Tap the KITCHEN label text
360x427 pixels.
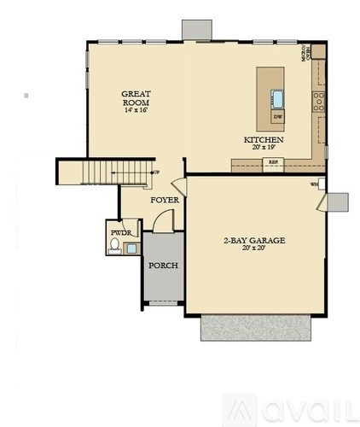[264, 139]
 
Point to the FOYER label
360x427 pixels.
[164, 200]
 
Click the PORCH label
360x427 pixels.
[163, 266]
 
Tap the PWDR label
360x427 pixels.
[119, 231]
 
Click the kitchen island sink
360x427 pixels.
[279, 97]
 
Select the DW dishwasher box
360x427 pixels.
[278, 115]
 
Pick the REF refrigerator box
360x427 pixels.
[273, 161]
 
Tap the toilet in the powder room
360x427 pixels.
[115, 247]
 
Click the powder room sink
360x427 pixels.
[131, 249]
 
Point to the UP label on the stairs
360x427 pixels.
[155, 173]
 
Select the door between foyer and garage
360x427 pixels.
[177, 186]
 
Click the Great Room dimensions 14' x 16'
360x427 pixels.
[136, 110]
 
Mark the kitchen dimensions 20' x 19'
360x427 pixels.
[264, 148]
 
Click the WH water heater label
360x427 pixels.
[314, 184]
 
